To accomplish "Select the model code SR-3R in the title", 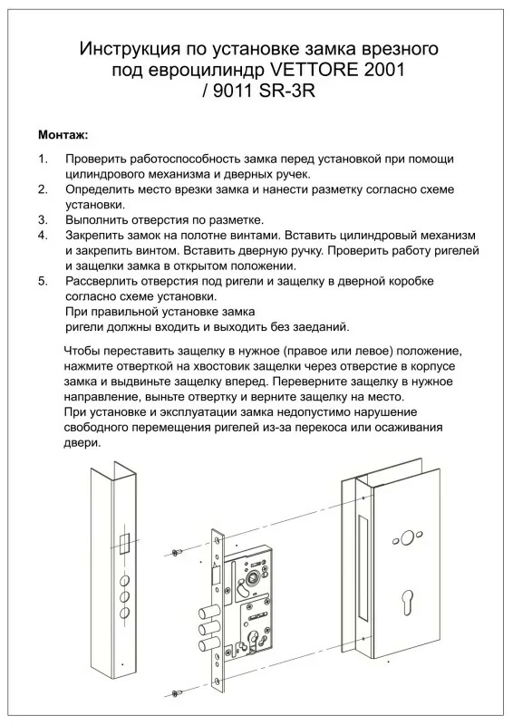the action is pos(286,92).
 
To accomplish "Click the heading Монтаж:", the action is pos(63,135).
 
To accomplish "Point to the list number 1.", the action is pos(43,159).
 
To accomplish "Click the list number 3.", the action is pos(43,220).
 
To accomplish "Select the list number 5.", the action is pos(43,281).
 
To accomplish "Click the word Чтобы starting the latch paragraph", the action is pos(81,351).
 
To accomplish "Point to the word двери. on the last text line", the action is pos(82,443).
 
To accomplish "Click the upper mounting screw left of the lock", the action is pos(176,553).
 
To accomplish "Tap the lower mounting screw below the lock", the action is pos(176,692).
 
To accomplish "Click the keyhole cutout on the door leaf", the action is pos(407,602).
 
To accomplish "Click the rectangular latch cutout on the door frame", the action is pos(124,545).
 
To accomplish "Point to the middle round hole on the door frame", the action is pos(124,596).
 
